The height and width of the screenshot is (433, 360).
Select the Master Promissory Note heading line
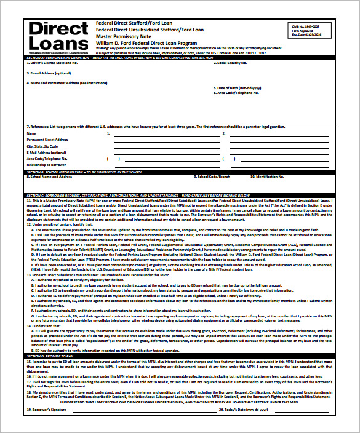[123, 37]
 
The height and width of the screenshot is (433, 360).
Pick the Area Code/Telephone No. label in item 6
[237, 93]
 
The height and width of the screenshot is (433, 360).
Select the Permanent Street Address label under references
[47, 140]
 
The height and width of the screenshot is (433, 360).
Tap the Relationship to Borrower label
[46, 165]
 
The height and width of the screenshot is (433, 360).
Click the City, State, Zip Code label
[42, 146]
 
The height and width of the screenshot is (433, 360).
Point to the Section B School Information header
[86, 172]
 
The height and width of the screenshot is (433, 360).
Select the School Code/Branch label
[214, 177]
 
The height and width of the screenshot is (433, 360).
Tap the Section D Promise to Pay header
[49, 356]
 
